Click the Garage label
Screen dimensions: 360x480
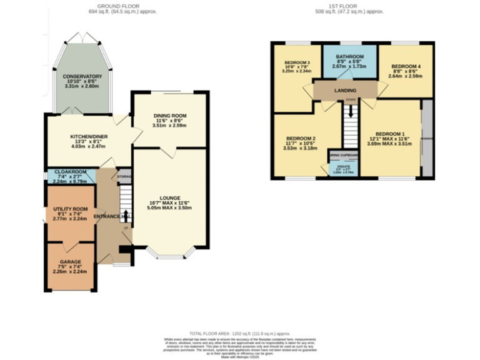[x=70, y=262]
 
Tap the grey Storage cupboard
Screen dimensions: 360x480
[x=125, y=176]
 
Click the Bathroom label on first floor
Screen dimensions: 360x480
[x=349, y=56]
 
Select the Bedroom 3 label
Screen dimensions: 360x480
[x=297, y=63]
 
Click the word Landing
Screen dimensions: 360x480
[x=345, y=91]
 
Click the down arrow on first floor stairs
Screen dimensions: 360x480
[x=351, y=111]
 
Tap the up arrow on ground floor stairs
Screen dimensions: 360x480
[x=126, y=216]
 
